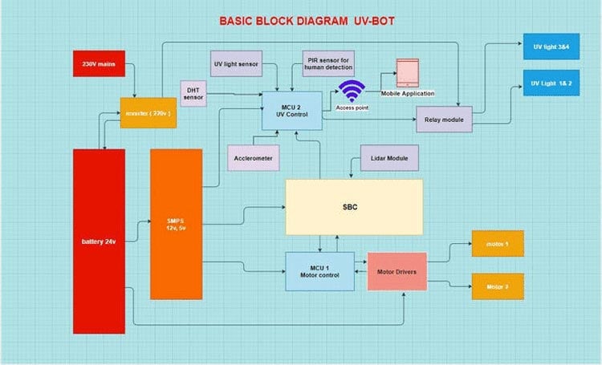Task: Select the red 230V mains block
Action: tap(99, 64)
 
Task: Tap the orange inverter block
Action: tap(148, 114)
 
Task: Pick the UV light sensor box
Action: tap(236, 63)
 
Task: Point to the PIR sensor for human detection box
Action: tap(327, 64)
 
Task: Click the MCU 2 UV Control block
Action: tap(292, 110)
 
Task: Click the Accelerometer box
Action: tap(253, 158)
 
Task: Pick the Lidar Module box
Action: tap(389, 158)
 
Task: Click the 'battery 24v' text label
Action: tap(98, 241)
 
